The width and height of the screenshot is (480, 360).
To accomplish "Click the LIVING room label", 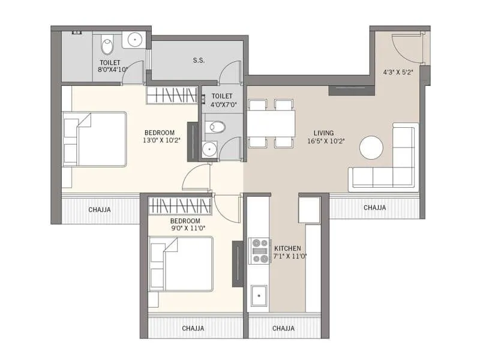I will pyautogui.click(x=323, y=133).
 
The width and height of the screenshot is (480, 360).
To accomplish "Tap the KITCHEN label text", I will pyautogui.click(x=287, y=248).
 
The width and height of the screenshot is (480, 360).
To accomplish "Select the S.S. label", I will pyautogui.click(x=199, y=61).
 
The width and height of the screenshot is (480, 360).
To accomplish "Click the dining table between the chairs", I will pyautogui.click(x=271, y=124).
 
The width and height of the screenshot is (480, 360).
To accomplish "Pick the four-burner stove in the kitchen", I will pyautogui.click(x=259, y=251).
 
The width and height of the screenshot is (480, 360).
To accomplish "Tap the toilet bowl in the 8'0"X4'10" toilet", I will pyautogui.click(x=107, y=46).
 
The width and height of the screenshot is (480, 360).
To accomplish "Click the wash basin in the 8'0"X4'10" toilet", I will pyautogui.click(x=135, y=40).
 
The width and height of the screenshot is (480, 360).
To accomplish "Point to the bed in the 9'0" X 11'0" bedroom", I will pyautogui.click(x=181, y=263).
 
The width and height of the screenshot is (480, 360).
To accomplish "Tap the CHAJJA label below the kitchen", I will pyautogui.click(x=283, y=329).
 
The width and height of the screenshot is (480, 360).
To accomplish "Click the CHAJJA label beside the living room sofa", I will pyautogui.click(x=374, y=208).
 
